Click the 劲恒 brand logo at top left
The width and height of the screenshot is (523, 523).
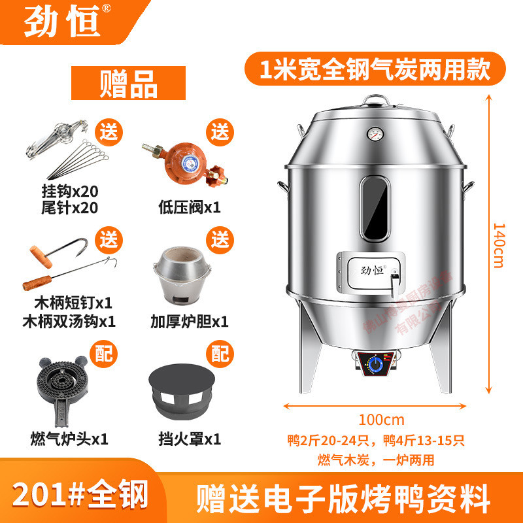point(62,22)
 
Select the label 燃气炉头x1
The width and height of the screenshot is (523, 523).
point(68,437)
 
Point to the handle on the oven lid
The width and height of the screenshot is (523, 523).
point(375,99)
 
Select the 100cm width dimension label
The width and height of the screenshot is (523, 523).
point(382,419)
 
